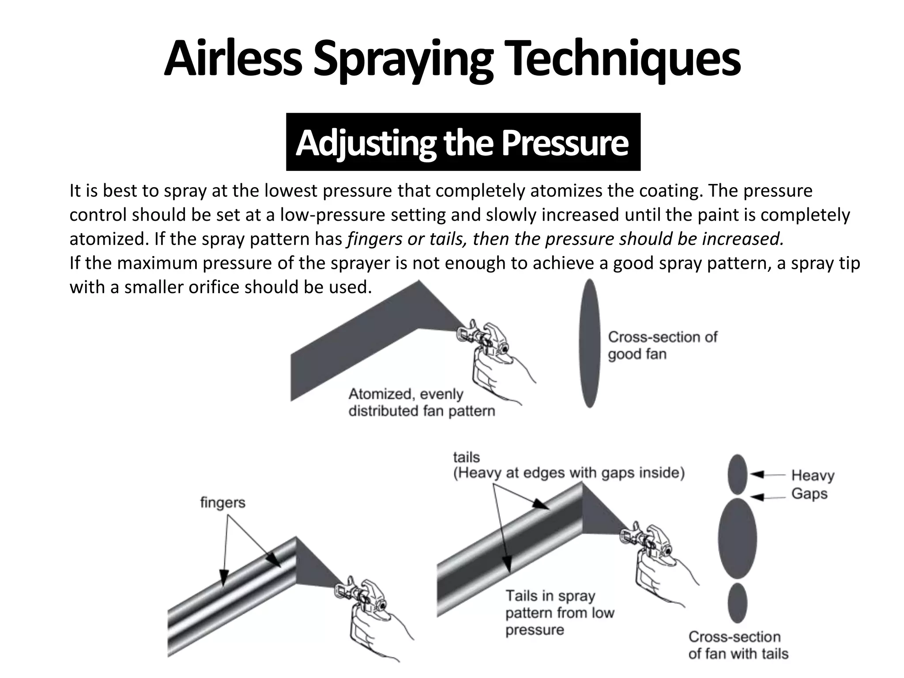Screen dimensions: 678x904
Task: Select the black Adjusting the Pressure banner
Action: coord(463,142)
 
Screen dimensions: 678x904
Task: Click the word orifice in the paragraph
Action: coord(214,287)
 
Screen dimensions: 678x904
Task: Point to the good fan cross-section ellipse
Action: coord(590,343)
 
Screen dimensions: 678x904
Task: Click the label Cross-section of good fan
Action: coord(662,346)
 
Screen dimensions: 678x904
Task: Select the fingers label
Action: coord(222,502)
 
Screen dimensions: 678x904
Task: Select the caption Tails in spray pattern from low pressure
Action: coord(559,613)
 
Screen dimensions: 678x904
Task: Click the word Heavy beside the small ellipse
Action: coord(812,475)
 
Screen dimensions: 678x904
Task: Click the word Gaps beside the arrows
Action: coord(809,493)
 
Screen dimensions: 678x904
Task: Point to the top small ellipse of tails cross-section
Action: coord(737,474)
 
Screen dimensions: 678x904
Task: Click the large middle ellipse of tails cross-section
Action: coord(737,539)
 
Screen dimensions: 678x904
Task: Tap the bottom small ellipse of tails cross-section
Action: coord(737,603)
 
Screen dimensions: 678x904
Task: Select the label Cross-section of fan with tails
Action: coord(738,645)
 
